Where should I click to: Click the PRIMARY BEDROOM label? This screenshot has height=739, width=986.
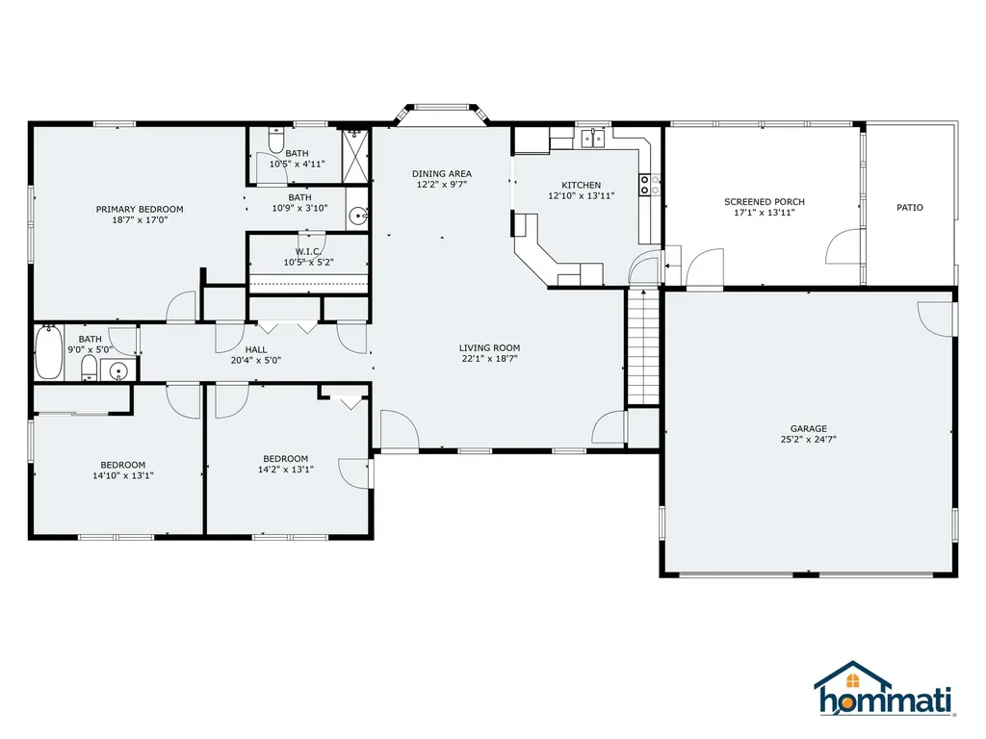coord(140,209)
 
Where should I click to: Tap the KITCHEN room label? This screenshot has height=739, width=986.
coord(581,185)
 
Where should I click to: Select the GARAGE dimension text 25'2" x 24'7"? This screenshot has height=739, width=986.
coord(809,440)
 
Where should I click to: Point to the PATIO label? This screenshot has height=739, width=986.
coord(910,208)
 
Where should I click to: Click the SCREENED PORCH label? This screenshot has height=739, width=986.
coord(765,202)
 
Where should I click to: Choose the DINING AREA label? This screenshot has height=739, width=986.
coord(442,173)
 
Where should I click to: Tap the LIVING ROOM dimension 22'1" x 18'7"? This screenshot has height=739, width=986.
coord(489,359)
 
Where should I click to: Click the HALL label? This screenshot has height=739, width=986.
coord(256,349)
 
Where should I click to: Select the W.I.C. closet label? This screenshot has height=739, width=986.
coord(308,251)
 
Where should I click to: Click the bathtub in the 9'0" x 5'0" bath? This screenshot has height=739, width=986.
coord(48,352)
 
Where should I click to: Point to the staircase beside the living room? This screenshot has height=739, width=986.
coord(643,346)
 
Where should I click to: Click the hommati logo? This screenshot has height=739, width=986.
coord(885,688)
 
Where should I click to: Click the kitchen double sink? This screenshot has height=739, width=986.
coord(592,138)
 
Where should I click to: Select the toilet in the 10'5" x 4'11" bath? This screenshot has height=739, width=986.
coord(276,140)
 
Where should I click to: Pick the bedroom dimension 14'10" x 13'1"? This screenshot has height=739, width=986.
coord(123,475)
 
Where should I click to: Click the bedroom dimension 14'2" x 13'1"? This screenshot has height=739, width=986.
coord(285,470)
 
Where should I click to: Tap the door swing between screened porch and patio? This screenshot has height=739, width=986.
coord(843,247)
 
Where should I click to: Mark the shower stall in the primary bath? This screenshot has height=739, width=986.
coord(355,155)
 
